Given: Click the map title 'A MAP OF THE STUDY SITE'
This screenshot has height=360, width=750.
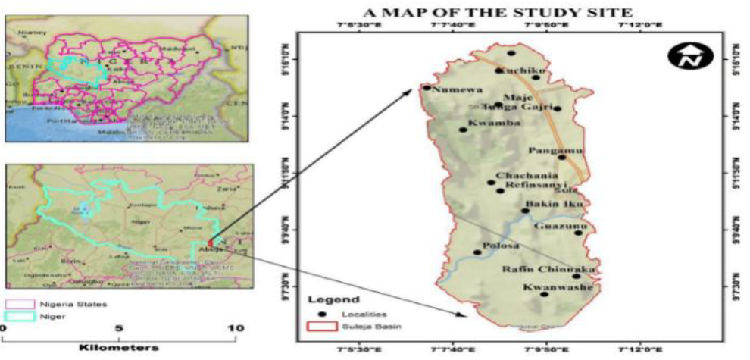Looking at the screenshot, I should pyautogui.click(x=498, y=13).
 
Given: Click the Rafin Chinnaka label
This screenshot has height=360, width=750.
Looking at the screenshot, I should pyautogui.click(x=549, y=269).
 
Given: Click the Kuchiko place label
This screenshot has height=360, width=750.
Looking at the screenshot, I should pyautogui.click(x=521, y=70).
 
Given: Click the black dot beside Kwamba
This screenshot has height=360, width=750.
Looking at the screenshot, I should pyautogui.click(x=464, y=130).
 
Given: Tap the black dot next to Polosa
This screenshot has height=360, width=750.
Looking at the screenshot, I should pyautogui.click(x=477, y=252).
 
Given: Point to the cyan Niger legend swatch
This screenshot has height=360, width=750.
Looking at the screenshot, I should pyautogui.click(x=22, y=317).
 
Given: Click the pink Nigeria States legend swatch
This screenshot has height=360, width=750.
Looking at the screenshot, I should pyautogui.click(x=22, y=304).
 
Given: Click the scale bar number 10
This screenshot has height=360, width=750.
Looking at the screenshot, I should pyautogui.click(x=236, y=328).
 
